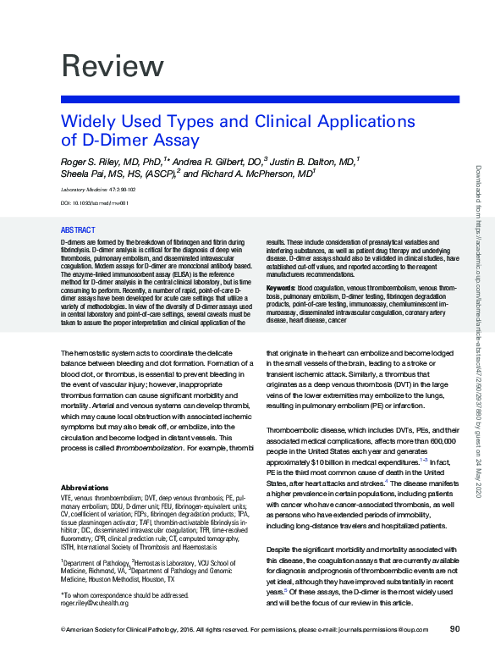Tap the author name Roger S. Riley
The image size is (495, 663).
click(x=96, y=160)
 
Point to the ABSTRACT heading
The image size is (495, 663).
click(x=78, y=230)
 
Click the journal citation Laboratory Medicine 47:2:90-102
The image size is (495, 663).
click(x=100, y=190)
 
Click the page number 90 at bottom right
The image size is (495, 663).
click(x=454, y=628)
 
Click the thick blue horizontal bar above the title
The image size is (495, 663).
click(x=260, y=100)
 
